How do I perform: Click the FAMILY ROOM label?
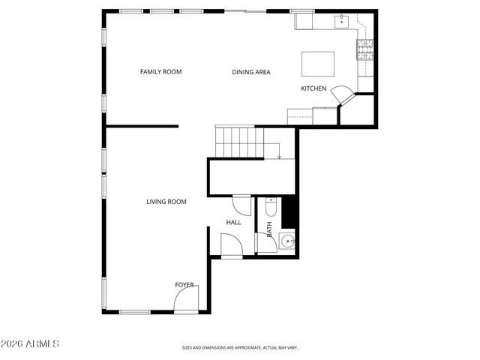(x=160, y=72)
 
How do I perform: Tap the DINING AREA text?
(x=250, y=72)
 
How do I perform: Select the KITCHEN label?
(x=313, y=88)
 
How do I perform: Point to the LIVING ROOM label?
(x=166, y=201)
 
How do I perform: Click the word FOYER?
(x=184, y=285)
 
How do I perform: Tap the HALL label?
(x=233, y=222)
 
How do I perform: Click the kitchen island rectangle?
(x=318, y=63)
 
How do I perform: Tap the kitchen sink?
(x=343, y=22)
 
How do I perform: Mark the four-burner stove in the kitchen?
(x=365, y=51)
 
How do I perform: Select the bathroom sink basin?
(x=286, y=241)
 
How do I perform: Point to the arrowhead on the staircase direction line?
(x=279, y=157)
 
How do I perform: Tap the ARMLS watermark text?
(x=30, y=343)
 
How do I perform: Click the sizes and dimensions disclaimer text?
(x=239, y=347)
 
